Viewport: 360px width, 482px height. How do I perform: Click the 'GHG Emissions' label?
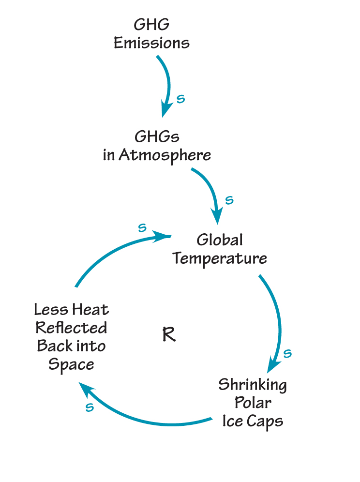click(151, 34)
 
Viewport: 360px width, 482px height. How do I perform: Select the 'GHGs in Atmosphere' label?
click(157, 146)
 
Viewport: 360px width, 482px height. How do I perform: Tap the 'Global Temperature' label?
click(220, 249)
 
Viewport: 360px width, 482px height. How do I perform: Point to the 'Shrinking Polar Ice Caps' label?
click(253, 403)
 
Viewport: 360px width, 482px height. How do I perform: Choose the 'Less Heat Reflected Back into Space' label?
click(72, 336)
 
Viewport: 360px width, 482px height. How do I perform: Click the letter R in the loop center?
click(168, 334)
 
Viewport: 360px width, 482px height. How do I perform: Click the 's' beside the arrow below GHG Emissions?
click(180, 99)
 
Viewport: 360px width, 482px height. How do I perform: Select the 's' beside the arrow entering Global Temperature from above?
click(229, 200)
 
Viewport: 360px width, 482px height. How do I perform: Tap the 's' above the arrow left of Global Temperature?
click(142, 227)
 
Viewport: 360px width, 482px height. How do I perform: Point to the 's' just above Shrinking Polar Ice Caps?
click(287, 353)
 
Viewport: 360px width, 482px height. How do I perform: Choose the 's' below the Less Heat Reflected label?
click(90, 407)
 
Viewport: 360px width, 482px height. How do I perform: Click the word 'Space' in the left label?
click(71, 364)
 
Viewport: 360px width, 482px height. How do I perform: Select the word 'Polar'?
click(253, 403)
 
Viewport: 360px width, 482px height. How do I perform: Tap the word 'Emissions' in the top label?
click(151, 43)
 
